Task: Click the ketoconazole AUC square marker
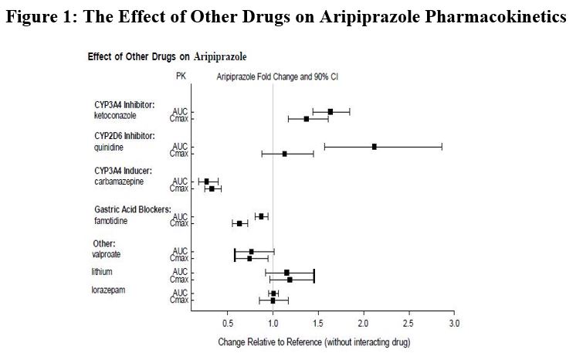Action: (330, 111)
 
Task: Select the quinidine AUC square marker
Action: (375, 146)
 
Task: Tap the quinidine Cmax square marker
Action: (285, 154)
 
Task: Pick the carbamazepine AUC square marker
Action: (206, 181)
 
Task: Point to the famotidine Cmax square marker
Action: (239, 223)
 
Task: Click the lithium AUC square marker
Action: (286, 272)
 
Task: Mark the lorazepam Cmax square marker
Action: (273, 301)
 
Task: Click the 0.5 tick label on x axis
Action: (227, 321)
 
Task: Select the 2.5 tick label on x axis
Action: (408, 321)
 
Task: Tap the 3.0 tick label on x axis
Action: (454, 321)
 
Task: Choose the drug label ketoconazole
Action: (116, 115)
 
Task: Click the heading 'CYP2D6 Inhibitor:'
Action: (124, 135)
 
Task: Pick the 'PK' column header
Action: (181, 76)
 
